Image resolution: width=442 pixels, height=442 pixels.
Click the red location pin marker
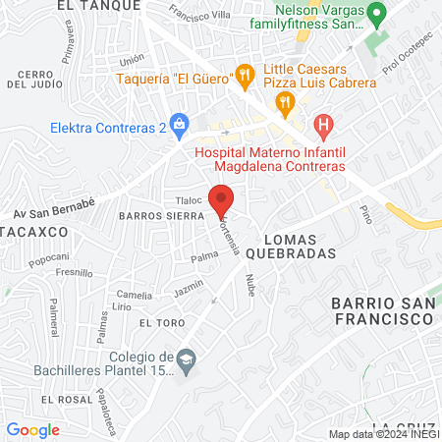222,197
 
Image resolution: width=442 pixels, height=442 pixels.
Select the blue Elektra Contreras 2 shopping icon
179,124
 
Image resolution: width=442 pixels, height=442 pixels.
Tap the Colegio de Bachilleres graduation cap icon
186,363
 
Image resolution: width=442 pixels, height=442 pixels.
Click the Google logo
32,429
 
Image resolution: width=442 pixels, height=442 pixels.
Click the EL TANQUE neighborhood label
94,5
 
